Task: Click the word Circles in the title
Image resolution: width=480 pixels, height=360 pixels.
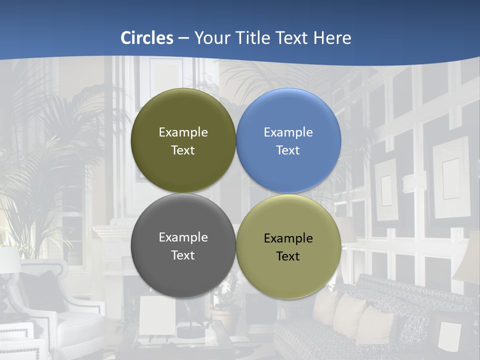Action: (147, 38)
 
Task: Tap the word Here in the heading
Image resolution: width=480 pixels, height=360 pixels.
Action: (331, 38)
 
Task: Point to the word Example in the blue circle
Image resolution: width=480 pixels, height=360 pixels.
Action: (288, 132)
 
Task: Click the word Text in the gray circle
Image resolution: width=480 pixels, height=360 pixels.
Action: (183, 255)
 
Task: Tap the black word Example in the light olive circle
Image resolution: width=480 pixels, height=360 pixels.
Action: (288, 238)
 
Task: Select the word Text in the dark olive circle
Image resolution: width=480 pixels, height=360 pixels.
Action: (183, 150)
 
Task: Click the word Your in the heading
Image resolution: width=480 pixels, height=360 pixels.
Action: (210, 38)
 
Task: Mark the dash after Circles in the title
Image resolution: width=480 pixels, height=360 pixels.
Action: (183, 38)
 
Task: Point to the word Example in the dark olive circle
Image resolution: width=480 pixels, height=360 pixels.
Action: (183, 132)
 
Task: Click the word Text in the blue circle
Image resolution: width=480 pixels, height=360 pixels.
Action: (288, 150)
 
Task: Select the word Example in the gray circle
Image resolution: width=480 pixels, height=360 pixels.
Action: (183, 237)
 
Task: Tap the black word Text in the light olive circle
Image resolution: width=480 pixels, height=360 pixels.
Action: (288, 256)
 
